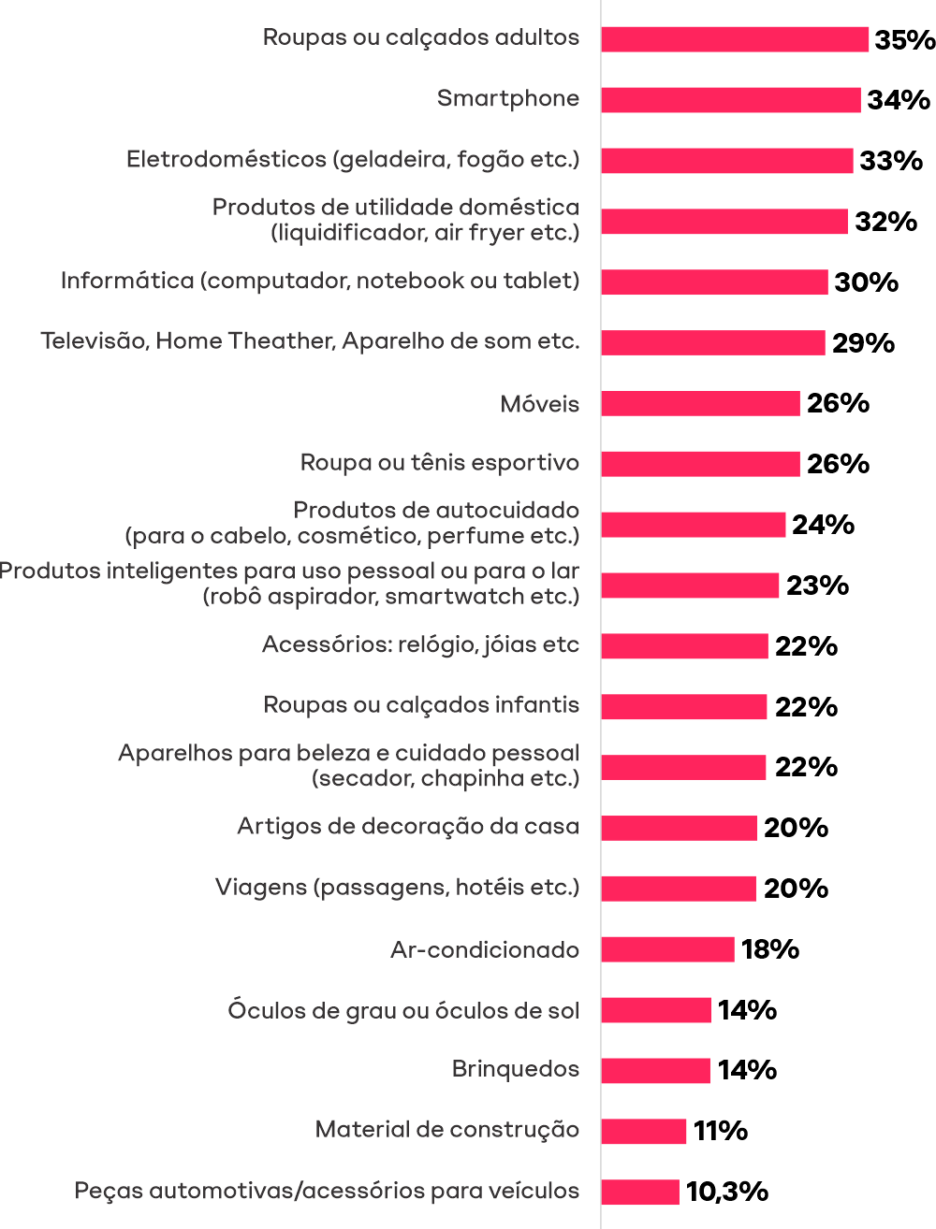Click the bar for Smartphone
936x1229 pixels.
pos(731,100)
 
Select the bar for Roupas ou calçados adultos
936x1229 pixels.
pos(735,39)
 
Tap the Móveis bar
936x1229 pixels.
pos(700,404)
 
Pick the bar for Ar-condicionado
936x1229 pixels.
pos(667,949)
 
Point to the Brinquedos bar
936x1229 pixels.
pos(655,1071)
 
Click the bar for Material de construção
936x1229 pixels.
pos(644,1132)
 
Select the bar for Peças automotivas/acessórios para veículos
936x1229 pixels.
pos(640,1193)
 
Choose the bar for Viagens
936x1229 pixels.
pos(679,889)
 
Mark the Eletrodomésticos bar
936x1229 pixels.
pos(727,161)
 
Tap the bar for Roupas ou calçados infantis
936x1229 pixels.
pos(684,707)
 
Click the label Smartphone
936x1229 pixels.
pos(508,99)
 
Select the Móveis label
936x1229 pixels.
pos(540,405)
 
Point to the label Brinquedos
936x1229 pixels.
pos(516,1069)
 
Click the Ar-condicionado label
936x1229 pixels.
pos(485,950)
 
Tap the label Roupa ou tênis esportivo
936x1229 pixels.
pos(440,463)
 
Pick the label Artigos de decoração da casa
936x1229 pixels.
pos(408,827)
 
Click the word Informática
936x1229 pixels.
pos(126,281)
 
